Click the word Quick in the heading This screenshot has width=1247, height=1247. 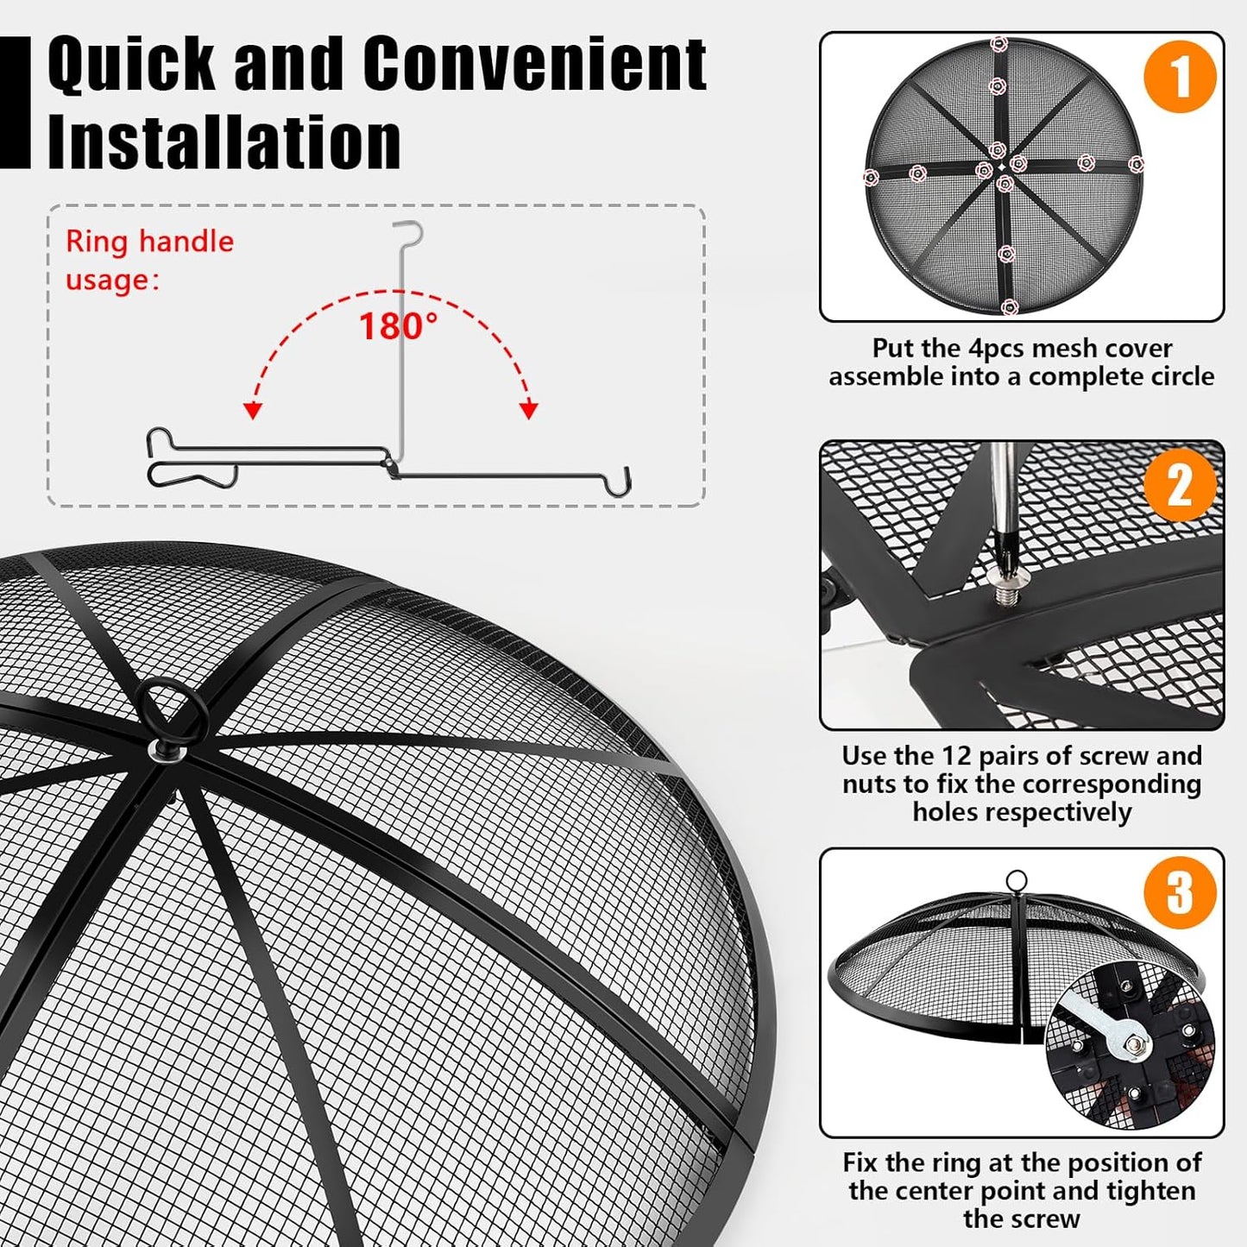click(x=130, y=64)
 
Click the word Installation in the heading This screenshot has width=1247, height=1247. click(x=224, y=142)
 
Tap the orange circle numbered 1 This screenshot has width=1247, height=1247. click(x=1179, y=76)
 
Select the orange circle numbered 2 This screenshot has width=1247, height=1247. click(x=1179, y=484)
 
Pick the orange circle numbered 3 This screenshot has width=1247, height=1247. click(x=1179, y=891)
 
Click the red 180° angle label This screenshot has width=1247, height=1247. click(x=398, y=327)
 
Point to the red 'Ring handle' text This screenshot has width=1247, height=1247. click(x=149, y=242)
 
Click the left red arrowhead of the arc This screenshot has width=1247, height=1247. click(x=253, y=410)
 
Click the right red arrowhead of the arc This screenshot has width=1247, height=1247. click(x=529, y=410)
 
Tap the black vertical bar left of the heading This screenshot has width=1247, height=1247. click(x=15, y=102)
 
